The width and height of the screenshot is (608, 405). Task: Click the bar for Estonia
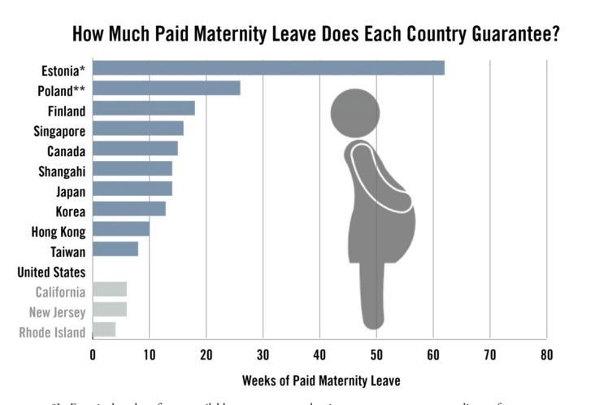pos(268,67)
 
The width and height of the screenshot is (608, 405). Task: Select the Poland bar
pos(167,88)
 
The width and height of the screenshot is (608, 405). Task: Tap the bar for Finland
pos(144,108)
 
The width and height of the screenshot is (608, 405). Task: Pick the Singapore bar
pos(138,128)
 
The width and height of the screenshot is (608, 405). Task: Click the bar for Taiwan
pos(115,250)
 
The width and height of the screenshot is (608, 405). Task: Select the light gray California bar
pos(110,290)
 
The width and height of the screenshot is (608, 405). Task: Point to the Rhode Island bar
pos(104,329)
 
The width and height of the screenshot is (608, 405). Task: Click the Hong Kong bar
pos(121,229)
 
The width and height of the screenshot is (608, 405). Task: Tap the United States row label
pos(51,272)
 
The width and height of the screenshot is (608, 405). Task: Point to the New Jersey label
pos(57,312)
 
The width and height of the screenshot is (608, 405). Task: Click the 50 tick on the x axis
pos(376,355)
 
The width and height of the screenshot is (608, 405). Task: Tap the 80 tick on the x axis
pos(546,355)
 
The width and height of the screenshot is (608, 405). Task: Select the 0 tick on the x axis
pos(93,355)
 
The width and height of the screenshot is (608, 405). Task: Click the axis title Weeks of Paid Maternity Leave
pos(320,380)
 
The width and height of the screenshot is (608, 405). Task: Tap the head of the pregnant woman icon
pos(356,112)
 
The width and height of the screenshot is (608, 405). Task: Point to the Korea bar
pos(129,209)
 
